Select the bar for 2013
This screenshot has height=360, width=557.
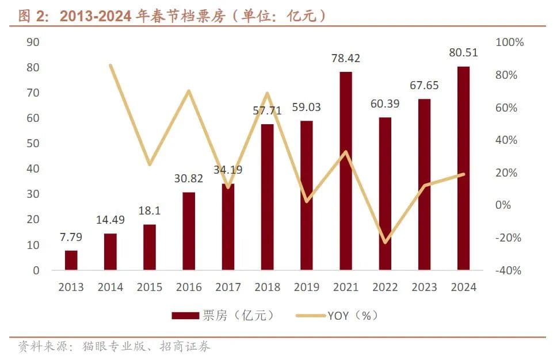click(x=71, y=260)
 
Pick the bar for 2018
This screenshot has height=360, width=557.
click(x=268, y=197)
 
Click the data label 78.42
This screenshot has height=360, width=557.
click(x=346, y=58)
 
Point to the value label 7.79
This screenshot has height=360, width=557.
click(x=71, y=237)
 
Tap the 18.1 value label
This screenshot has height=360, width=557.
click(x=150, y=210)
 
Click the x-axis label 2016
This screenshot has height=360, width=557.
click(x=189, y=287)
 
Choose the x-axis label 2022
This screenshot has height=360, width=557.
click(x=385, y=287)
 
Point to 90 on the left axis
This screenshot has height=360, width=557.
click(x=33, y=42)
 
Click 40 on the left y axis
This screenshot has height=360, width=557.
click(x=33, y=168)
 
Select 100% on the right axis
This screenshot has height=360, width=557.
click(x=510, y=43)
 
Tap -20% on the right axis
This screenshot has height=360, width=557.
click(x=508, y=238)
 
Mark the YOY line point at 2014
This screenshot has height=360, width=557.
click(x=110, y=66)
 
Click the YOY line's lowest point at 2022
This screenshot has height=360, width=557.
click(x=385, y=242)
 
